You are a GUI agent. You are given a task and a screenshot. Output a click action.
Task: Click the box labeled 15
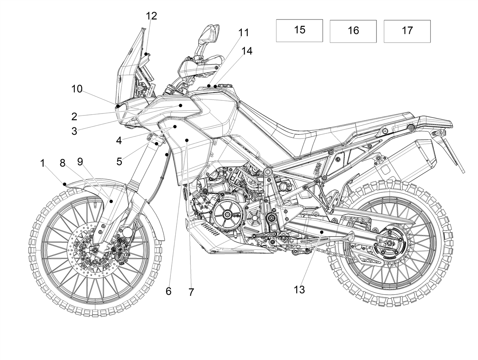pyautogui.click(x=299, y=31)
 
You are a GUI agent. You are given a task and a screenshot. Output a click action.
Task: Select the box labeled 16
pyautogui.click(x=353, y=31)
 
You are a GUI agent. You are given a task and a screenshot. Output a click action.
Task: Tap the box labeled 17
pyautogui.click(x=407, y=31)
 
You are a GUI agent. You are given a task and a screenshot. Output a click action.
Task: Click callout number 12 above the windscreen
pyautogui.click(x=151, y=16)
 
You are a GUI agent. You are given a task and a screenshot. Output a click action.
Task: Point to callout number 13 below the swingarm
pyautogui.click(x=299, y=290)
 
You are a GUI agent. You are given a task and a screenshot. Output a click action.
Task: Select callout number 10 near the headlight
pyautogui.click(x=77, y=89)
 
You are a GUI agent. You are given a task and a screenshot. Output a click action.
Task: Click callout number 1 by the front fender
pyautogui.click(x=43, y=163)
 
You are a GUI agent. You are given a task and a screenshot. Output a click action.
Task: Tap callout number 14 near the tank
pyautogui.click(x=247, y=51)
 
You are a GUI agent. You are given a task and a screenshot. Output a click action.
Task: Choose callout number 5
pyautogui.click(x=119, y=162)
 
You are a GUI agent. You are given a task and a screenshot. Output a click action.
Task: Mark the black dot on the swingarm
pyautogui.click(x=321, y=232)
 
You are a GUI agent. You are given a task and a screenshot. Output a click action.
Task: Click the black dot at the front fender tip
pyautogui.click(x=65, y=184)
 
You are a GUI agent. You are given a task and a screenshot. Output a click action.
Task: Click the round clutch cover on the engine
pyautogui.click(x=227, y=214)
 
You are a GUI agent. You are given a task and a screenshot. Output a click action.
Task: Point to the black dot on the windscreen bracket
pyautogui.click(x=146, y=54)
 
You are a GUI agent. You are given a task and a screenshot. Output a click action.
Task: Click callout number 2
pyautogui.click(x=74, y=117)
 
